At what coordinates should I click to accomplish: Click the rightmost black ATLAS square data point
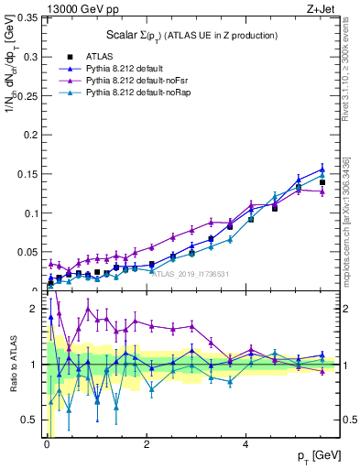(322, 182)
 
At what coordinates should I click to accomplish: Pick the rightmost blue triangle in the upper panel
(322, 169)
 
